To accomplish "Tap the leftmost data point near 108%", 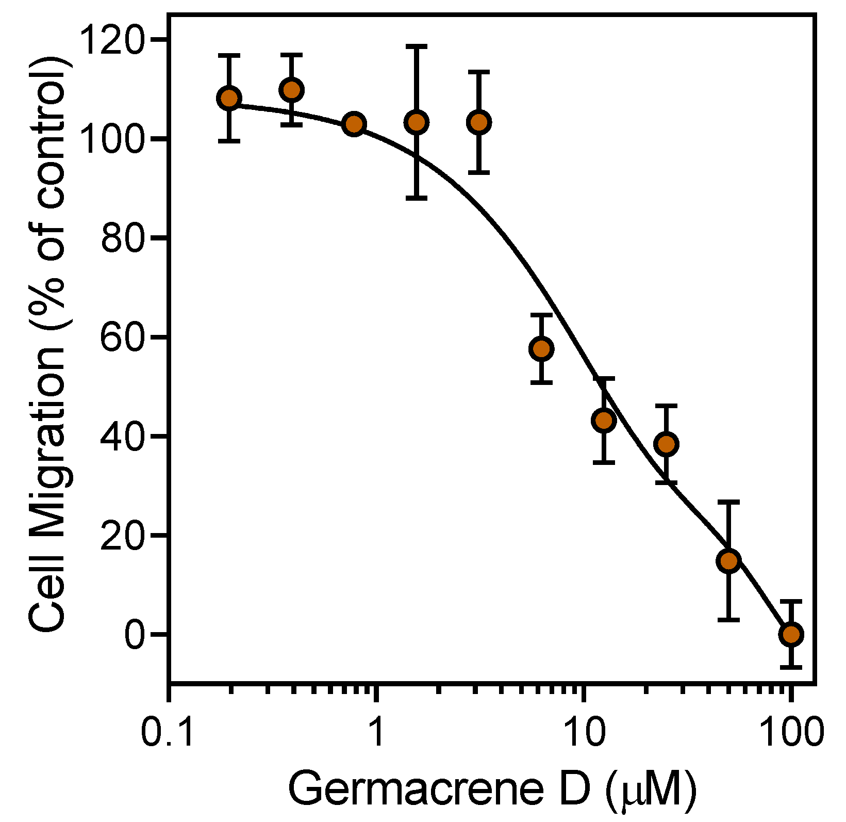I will [229, 98].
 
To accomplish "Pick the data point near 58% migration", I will [541, 349].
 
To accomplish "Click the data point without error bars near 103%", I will [354, 124].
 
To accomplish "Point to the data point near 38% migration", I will [667, 444].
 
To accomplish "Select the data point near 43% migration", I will [604, 421].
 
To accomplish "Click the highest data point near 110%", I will [292, 90].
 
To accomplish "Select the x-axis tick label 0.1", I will [168, 732].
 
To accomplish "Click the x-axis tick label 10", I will [583, 732].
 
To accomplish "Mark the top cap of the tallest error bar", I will [417, 46].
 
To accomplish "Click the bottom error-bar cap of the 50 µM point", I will [729, 619].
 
